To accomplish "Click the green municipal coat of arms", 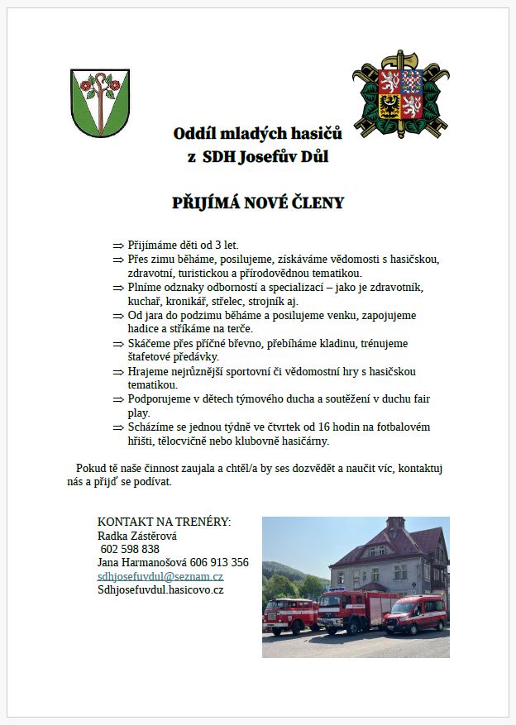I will point(99,103).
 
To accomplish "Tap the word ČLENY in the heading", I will point(318,203).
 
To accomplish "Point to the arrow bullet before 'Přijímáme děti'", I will point(117,246).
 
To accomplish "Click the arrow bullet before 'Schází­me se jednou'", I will point(117,427).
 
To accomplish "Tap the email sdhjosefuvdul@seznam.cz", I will point(160,576).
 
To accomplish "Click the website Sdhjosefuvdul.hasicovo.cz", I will point(160,590).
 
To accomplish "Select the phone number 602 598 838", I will point(130,549).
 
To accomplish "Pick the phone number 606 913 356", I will point(219,562).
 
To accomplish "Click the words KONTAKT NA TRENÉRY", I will point(165,522).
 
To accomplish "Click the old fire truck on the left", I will point(289,616).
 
